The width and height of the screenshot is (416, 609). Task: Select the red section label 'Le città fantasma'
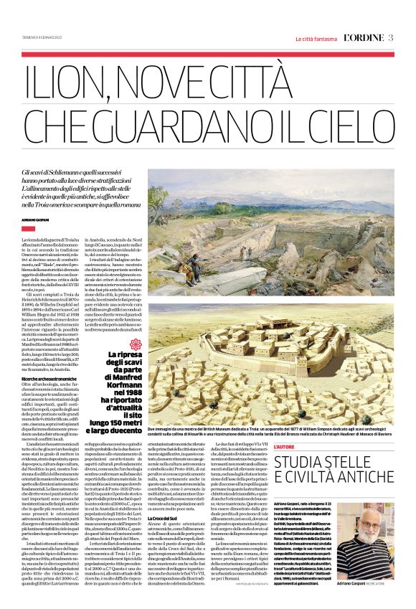[317, 38]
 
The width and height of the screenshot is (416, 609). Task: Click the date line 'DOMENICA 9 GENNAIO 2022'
[42, 38]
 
